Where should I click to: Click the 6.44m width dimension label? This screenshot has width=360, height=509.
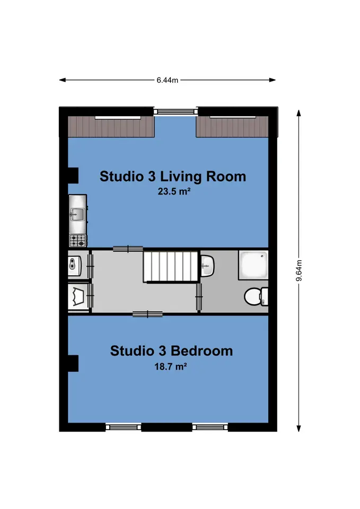(x=167, y=80)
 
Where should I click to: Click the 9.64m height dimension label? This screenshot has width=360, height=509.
(x=299, y=270)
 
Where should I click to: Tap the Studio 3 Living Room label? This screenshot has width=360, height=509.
(x=173, y=176)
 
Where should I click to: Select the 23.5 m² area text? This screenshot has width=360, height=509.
(x=174, y=191)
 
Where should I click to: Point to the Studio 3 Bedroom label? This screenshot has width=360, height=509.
(x=171, y=351)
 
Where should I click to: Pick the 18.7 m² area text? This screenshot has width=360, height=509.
(x=170, y=367)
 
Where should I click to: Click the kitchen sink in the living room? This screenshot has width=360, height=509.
(x=77, y=214)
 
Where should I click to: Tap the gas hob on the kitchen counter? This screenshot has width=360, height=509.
(x=78, y=241)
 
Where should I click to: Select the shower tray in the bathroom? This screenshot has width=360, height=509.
(x=253, y=265)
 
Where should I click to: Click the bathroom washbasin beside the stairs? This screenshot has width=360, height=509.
(x=207, y=266)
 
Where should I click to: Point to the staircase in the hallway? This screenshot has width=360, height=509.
(x=171, y=266)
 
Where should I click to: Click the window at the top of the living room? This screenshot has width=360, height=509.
(x=175, y=111)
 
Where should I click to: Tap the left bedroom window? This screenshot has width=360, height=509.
(x=124, y=427)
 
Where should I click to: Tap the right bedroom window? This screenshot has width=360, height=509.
(x=210, y=427)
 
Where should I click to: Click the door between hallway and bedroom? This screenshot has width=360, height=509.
(x=148, y=314)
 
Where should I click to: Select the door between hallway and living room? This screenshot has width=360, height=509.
(x=128, y=249)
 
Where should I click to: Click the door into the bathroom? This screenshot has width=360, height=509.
(x=199, y=297)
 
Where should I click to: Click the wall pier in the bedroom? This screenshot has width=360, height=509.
(x=73, y=363)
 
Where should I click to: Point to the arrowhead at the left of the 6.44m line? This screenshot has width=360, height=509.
(x=63, y=80)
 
